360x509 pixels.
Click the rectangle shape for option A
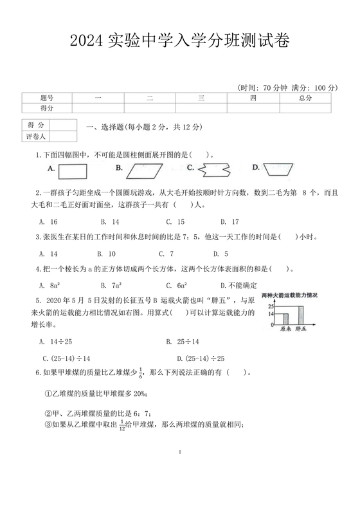72,171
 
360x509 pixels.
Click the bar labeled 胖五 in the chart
300,313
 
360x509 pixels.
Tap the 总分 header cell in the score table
305,98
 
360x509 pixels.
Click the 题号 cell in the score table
47,98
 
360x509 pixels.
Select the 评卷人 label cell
36,136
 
